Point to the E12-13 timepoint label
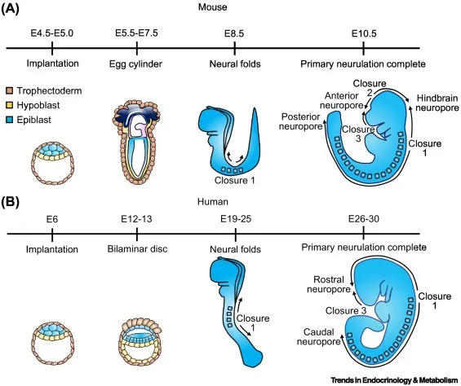coord(136,217)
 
